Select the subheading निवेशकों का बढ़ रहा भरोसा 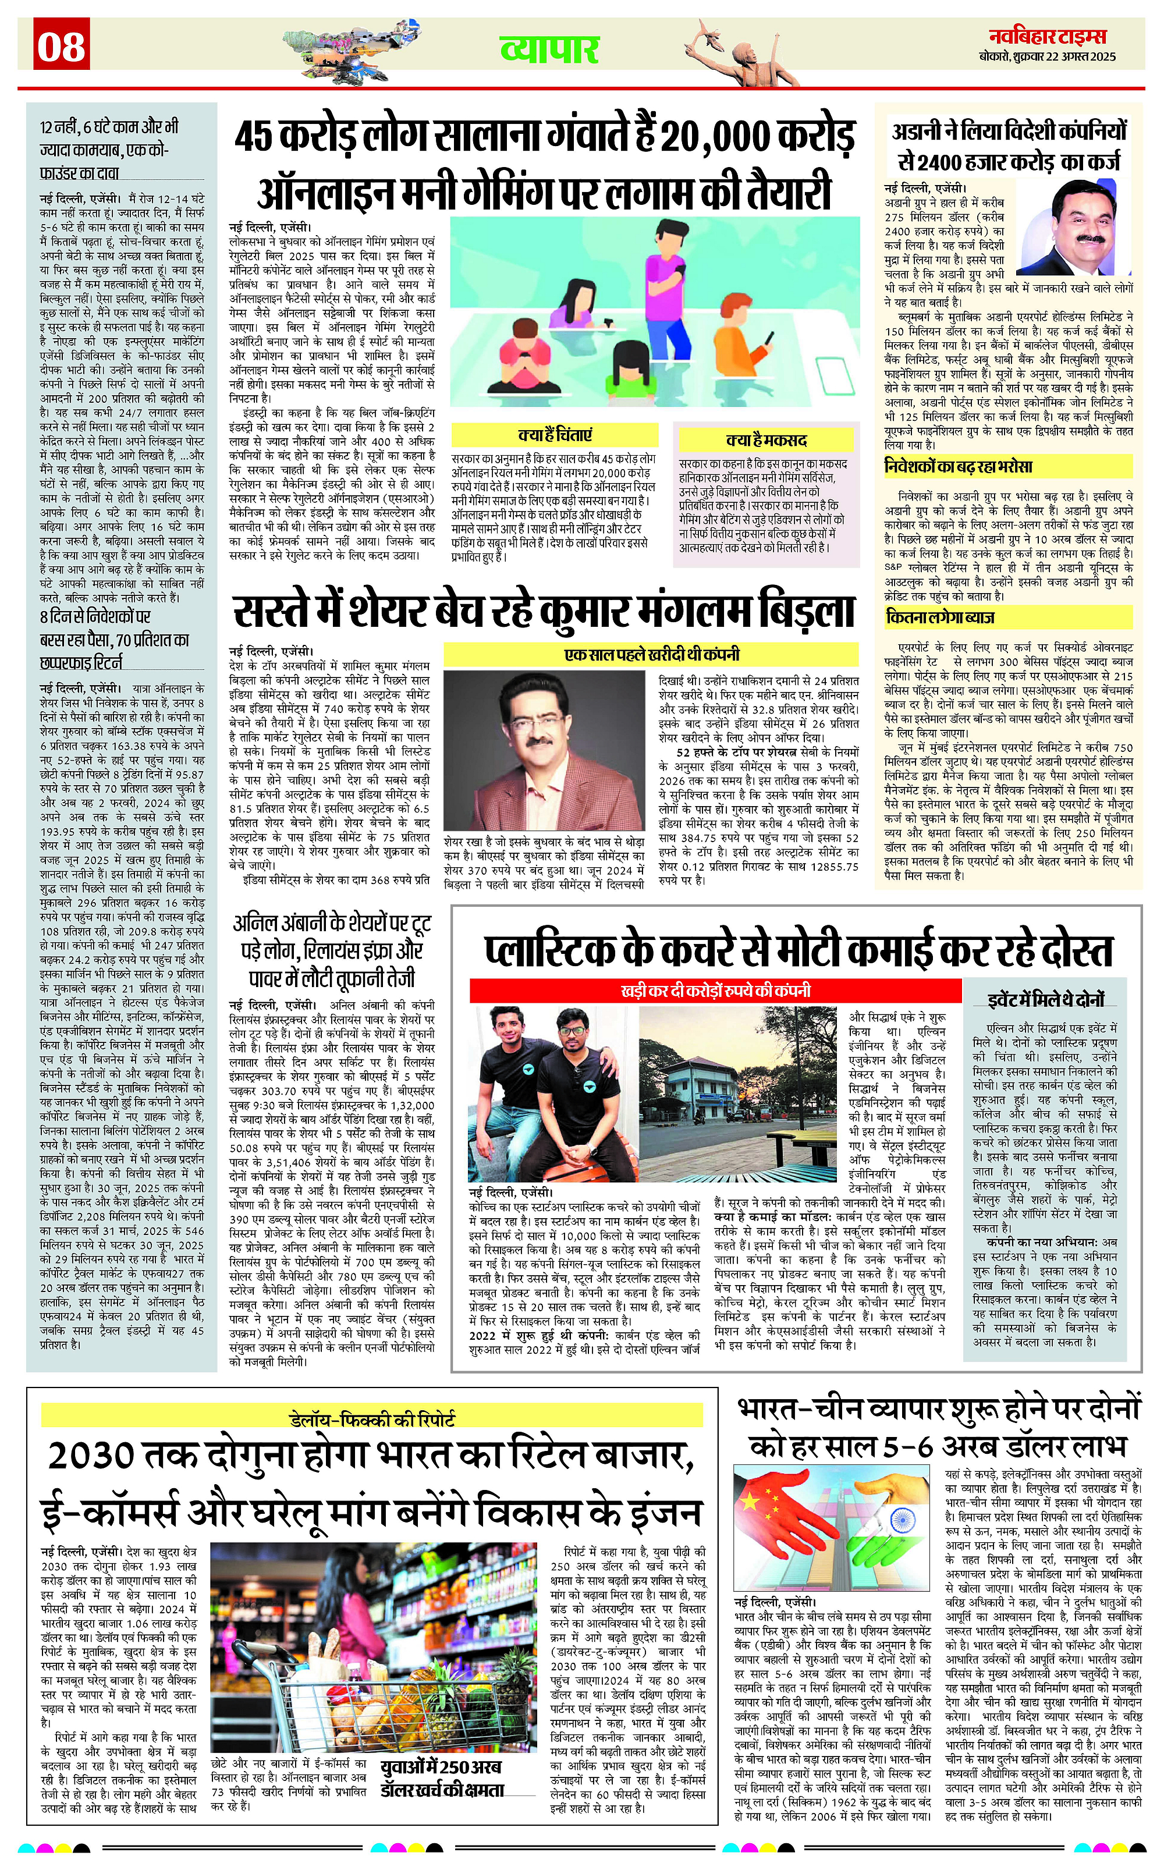[x=959, y=467]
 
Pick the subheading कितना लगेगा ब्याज [x=940, y=618]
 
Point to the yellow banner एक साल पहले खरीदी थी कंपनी [x=651, y=654]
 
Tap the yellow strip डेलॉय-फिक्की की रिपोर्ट [x=372, y=1418]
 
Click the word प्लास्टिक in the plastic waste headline [x=548, y=952]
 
